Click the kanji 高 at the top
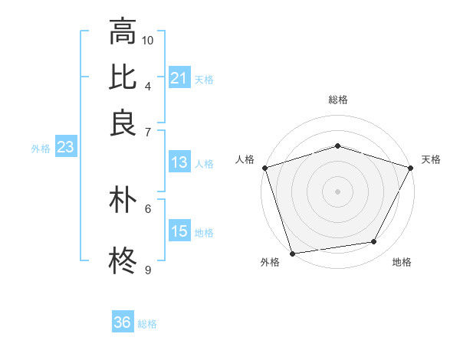123,31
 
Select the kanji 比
123,77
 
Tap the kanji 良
123,123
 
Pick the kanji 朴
123,201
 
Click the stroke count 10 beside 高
148,40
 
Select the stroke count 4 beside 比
148,85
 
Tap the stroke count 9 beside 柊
148,270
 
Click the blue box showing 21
179,78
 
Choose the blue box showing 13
179,162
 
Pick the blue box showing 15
179,231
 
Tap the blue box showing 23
64,148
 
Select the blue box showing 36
123,322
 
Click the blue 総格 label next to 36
147,324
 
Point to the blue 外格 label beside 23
41,149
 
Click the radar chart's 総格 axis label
337,100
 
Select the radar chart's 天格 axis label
431,159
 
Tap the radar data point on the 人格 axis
264,168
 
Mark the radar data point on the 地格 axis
374,242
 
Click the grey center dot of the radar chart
337,191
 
